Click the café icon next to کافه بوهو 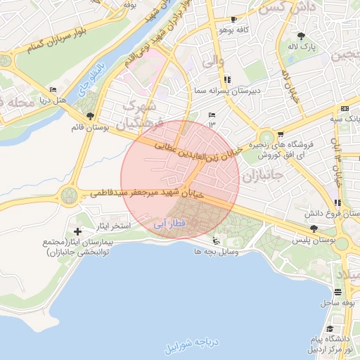[233, 20]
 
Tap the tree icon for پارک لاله [302, 36]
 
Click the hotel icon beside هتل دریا [53, 89]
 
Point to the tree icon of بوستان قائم [89, 116]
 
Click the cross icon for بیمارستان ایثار [77, 231]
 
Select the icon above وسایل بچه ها [214, 241]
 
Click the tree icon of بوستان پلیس [314, 229]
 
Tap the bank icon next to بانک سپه [344, 108]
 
